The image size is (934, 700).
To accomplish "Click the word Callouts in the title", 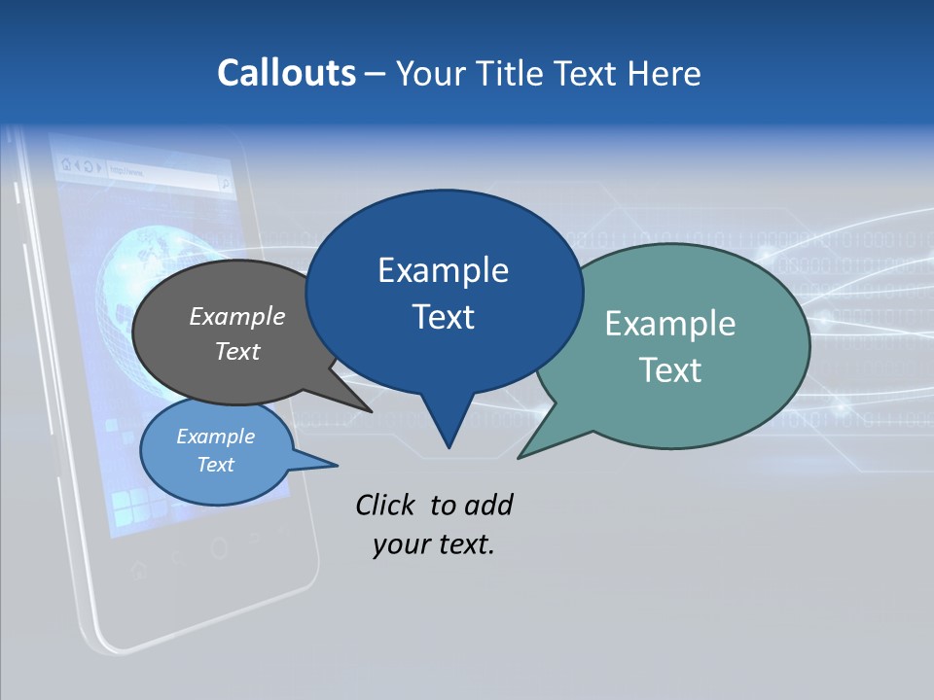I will point(286,73).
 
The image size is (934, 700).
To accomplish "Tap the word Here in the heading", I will point(665,73).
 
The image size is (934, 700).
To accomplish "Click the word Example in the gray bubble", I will point(237,316).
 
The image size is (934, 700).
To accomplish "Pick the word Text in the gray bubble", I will point(237,351).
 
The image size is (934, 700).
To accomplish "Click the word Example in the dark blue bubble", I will point(443,270).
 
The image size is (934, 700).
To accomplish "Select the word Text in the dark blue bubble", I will point(443,317).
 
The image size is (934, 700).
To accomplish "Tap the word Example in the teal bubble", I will point(669,324).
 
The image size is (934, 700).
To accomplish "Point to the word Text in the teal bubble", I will point(669,370).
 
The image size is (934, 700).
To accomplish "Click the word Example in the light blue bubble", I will point(216,437).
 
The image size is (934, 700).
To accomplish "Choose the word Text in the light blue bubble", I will point(216,465).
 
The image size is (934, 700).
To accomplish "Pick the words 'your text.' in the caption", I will point(434,544).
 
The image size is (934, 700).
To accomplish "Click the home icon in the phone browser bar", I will point(65,165).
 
